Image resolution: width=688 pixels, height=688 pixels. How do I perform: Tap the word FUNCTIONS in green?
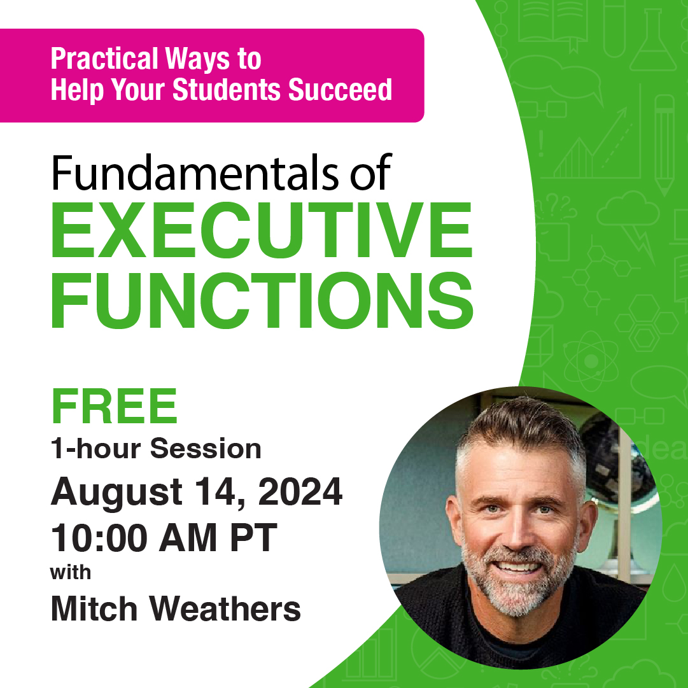coord(262,300)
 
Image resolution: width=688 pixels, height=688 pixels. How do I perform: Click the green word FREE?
coord(115,407)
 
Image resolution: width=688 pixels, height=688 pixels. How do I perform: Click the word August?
coord(115,493)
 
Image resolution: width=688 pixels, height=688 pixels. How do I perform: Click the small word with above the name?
coord(71,572)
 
